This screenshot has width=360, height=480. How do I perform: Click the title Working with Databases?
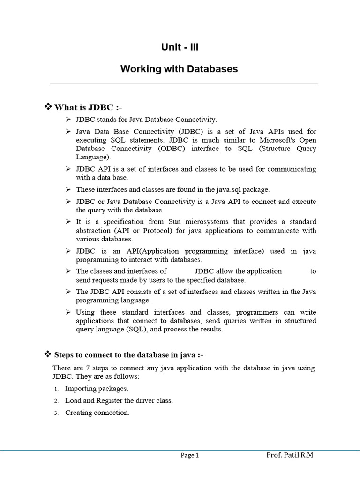(x=179, y=69)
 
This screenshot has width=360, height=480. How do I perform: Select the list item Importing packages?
(x=97, y=389)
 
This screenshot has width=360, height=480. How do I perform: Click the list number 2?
(x=56, y=401)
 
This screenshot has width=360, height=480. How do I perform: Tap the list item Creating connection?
(x=97, y=412)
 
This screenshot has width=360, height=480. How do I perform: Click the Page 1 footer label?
(x=190, y=455)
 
